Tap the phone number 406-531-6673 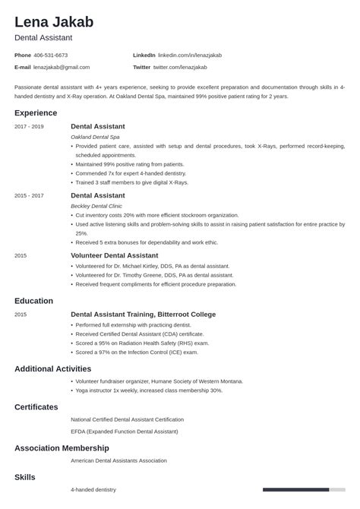51,55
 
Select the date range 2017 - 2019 29,126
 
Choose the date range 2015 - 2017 29,195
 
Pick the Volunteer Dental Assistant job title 114,255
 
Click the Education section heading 34,301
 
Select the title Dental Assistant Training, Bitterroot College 143,315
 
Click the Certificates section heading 36,407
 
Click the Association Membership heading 62,448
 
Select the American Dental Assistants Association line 118,460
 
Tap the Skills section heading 24,477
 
